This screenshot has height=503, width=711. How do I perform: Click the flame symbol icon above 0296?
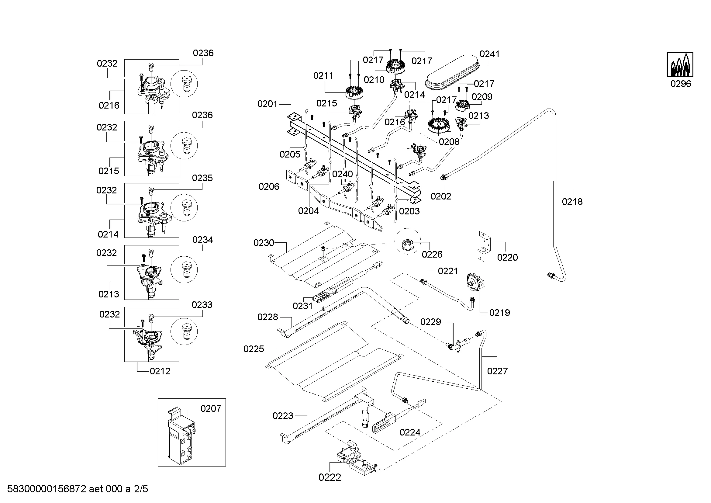[x=680, y=64]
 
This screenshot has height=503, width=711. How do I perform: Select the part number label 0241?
[x=489, y=54]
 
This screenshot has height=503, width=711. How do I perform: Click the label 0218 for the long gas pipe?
[x=572, y=202]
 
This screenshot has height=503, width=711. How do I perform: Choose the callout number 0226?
[x=432, y=254]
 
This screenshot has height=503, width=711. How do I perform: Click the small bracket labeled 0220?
[x=483, y=246]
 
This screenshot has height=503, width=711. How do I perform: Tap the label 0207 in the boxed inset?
[x=211, y=409]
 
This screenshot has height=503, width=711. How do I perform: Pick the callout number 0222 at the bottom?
[x=330, y=477]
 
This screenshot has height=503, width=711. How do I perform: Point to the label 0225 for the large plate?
[x=254, y=349]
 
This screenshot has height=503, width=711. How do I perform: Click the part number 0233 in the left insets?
[x=202, y=305]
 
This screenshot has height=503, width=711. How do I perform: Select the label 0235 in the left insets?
[x=202, y=178]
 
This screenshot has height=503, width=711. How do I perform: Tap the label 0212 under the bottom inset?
[x=160, y=371]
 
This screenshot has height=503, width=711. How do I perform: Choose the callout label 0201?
[x=267, y=104]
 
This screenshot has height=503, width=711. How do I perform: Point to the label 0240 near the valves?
[x=342, y=174]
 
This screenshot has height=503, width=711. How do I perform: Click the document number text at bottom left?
[x=78, y=489]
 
